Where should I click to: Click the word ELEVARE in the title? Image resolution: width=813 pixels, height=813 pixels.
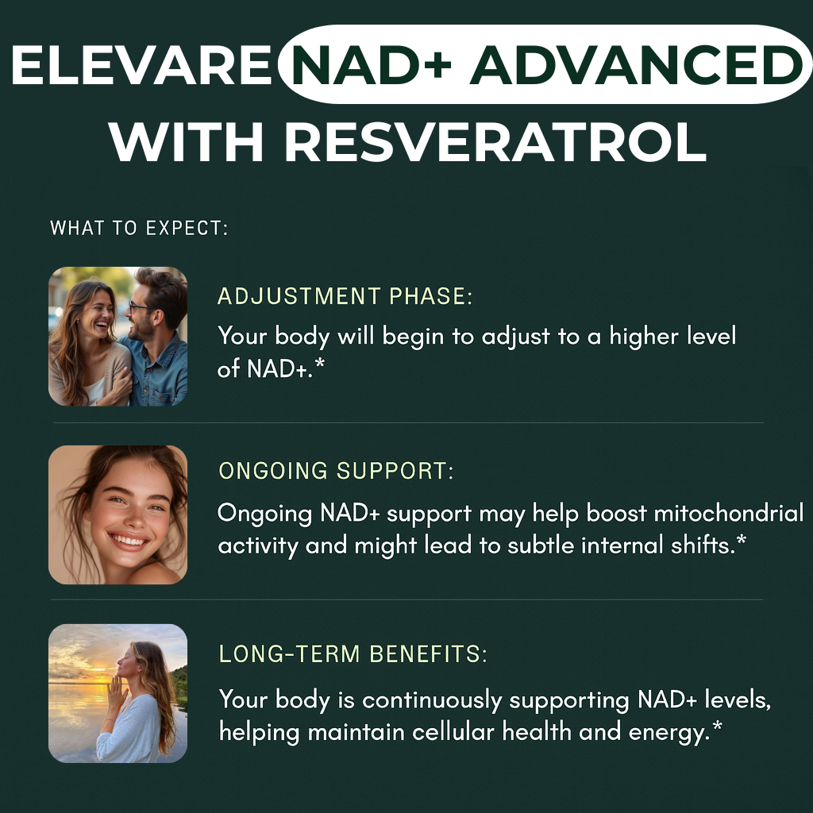point(141,65)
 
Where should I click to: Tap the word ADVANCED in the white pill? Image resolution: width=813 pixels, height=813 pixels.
point(637,65)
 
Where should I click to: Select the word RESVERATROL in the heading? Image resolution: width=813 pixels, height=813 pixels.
point(495,142)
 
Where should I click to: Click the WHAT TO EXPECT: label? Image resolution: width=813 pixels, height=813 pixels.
point(139,228)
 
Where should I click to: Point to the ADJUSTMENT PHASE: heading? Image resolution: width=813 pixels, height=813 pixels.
point(345,296)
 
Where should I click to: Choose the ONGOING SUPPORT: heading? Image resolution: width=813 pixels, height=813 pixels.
point(336,471)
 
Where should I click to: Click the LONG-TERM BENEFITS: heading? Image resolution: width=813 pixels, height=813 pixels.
point(353,654)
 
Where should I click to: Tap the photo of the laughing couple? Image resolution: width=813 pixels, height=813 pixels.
point(118,336)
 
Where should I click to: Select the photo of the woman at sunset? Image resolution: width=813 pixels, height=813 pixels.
point(118,693)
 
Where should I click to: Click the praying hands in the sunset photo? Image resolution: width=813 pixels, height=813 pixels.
point(118,691)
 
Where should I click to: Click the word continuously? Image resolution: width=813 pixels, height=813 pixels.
point(433,701)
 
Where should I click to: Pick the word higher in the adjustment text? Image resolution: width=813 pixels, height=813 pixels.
point(643,337)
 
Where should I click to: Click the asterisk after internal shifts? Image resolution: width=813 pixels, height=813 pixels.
point(742,540)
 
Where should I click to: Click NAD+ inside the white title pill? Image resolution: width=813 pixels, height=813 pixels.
point(372,65)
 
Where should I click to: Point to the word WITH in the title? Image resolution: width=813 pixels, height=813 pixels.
point(186,142)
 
